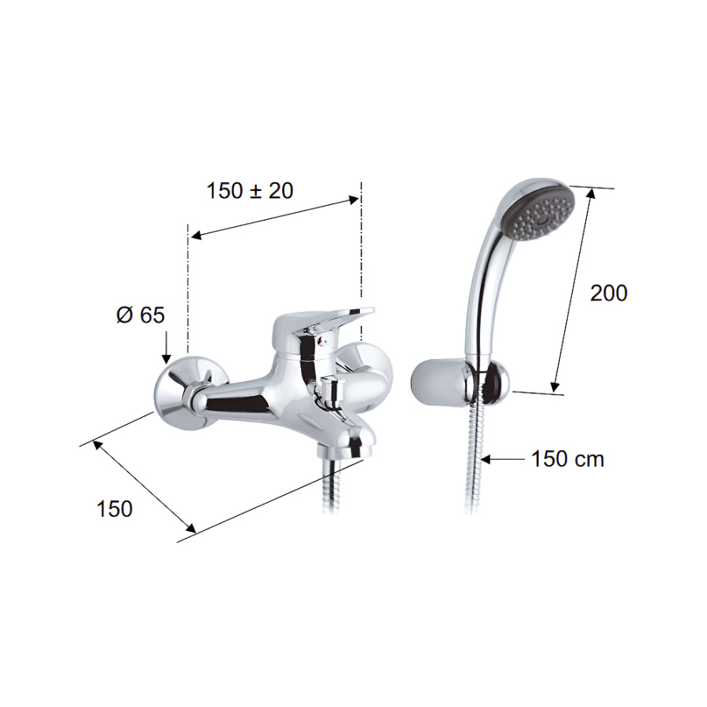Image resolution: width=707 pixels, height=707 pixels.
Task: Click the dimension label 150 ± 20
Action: pyautogui.click(x=250, y=191)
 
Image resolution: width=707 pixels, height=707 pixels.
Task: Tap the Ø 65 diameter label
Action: pyautogui.click(x=141, y=315)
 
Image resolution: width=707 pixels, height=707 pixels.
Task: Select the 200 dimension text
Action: pyautogui.click(x=609, y=293)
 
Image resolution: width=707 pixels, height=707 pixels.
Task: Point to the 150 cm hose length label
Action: pyautogui.click(x=568, y=459)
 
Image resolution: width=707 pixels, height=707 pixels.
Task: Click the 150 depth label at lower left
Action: pyautogui.click(x=115, y=509)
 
